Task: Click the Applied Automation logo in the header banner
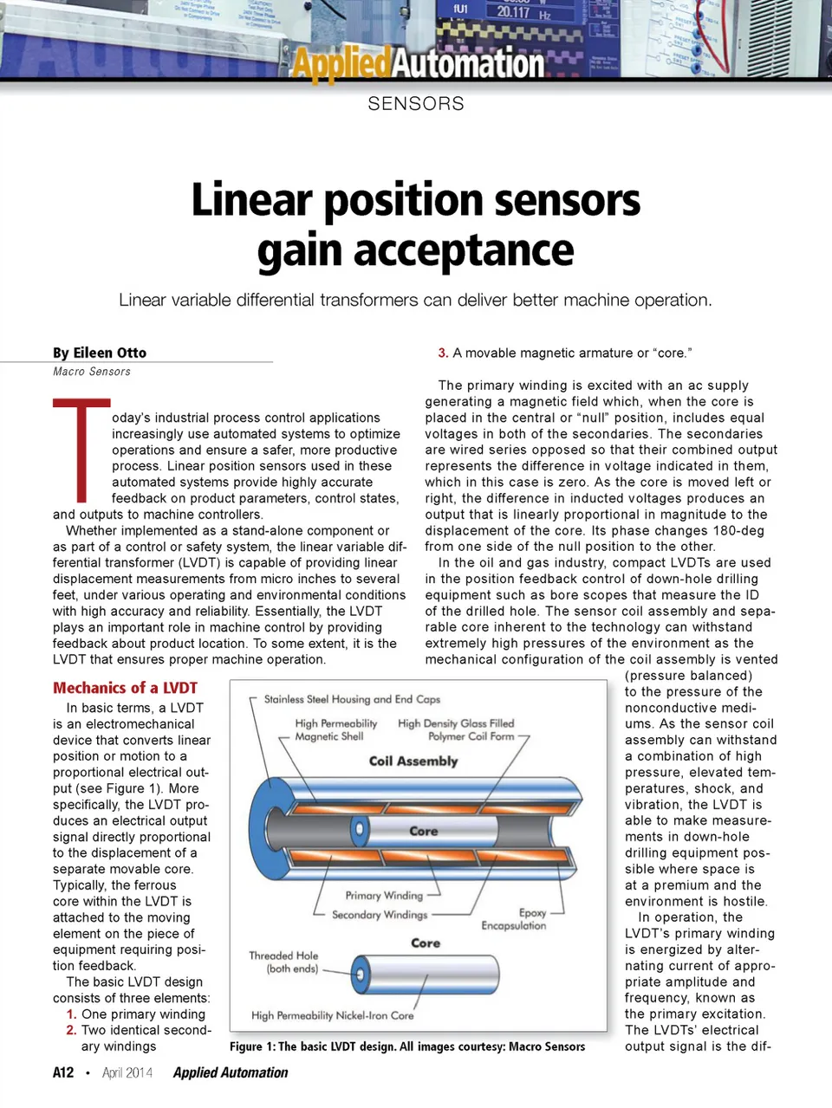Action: (417, 62)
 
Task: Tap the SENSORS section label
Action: (416, 104)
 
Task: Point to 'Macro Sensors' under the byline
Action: (92, 372)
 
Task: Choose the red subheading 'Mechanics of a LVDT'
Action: (125, 688)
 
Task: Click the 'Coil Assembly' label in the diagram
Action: (413, 761)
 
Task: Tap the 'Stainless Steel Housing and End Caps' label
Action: (352, 699)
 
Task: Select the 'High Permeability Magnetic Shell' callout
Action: (335, 729)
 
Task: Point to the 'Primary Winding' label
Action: (384, 895)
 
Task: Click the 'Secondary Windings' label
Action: (380, 914)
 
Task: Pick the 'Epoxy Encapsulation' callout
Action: (514, 919)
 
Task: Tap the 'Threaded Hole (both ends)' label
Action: (284, 962)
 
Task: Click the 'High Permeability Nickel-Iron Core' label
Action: (332, 1015)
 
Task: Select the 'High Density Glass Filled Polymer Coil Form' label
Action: (457, 729)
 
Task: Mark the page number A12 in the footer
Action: (63, 1072)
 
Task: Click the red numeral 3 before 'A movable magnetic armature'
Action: (443, 353)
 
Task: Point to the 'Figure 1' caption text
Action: (406, 1046)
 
